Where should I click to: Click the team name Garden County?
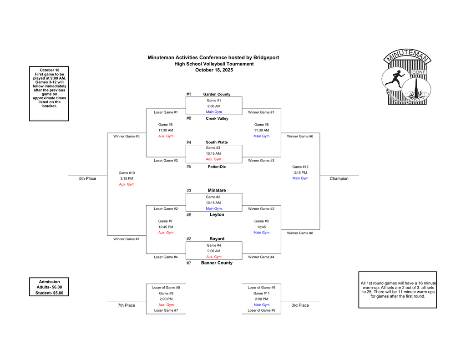coord(217,94)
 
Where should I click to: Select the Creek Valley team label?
coord(217,118)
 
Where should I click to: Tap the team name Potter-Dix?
coord(217,167)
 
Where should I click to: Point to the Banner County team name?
coord(217,263)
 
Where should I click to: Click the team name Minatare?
coord(217,190)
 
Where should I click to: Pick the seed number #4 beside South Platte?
coord(189,142)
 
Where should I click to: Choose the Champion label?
coord(339,178)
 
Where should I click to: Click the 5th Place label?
coord(87,178)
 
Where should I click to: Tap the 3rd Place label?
coord(300,305)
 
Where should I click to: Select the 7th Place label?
coord(127,305)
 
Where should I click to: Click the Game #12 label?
coord(300,167)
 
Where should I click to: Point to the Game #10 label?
coord(127,173)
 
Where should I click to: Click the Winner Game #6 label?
coord(300,136)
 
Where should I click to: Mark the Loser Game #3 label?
coord(166,160)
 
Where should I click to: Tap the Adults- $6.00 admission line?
coord(49,287)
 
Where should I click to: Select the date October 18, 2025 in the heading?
coord(214,70)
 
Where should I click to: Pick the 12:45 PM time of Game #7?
coord(166,227)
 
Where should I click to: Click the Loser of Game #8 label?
coord(261,310)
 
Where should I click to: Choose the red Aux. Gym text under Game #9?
coord(166,305)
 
